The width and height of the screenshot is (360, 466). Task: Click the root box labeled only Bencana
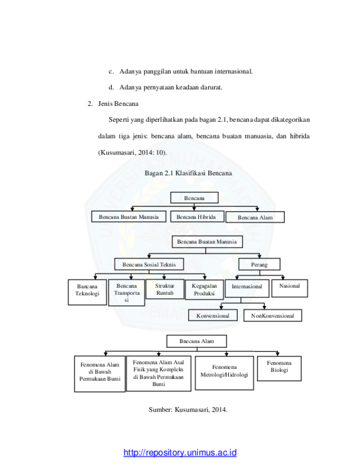point(194,198)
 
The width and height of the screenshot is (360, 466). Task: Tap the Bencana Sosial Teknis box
point(149,264)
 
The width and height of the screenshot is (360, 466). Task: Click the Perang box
point(259,264)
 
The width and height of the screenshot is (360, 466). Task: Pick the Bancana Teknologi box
point(88,292)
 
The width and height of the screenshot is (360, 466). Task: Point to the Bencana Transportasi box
point(126,293)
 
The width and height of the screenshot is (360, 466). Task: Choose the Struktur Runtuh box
point(165,289)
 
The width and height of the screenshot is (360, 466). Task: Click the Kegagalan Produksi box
point(204,290)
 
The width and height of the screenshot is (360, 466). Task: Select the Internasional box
point(247,288)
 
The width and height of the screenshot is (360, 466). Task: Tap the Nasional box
point(290,288)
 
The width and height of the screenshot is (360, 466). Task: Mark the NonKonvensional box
point(272,315)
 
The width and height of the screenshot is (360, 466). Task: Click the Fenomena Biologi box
point(279,368)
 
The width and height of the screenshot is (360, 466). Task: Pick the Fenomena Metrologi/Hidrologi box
point(224,373)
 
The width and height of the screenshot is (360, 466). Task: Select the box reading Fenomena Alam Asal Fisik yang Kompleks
point(158,373)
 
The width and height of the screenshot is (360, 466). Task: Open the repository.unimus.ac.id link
point(180,452)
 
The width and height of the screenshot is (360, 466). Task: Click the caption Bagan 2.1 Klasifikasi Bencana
point(188,173)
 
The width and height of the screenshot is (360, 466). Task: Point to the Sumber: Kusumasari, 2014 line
point(188,409)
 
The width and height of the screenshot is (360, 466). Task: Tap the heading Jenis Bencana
point(118,104)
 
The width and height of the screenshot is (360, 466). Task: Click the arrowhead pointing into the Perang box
point(259,256)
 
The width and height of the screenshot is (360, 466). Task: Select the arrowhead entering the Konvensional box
point(222,308)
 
